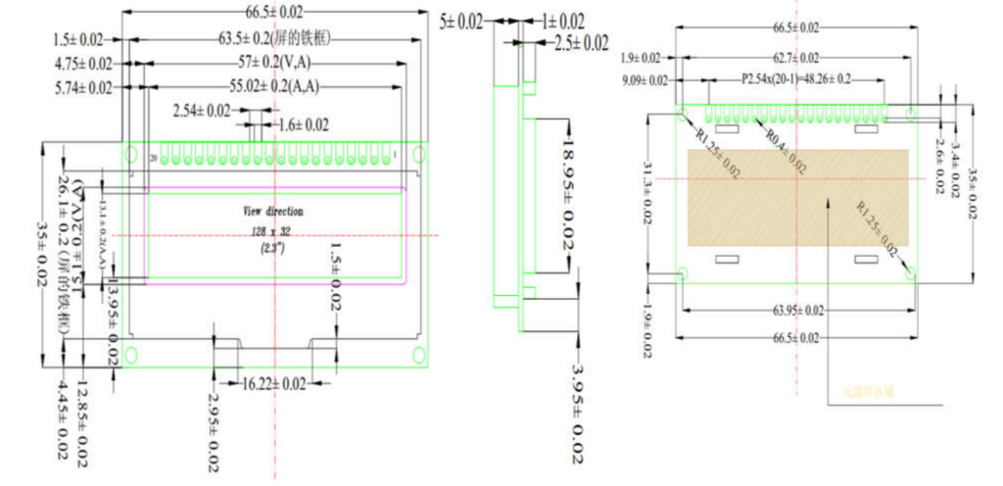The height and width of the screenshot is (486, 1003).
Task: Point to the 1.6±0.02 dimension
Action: (x=304, y=124)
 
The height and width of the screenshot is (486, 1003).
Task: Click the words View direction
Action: (x=273, y=211)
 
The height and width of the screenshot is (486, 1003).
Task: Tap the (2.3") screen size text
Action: (x=272, y=248)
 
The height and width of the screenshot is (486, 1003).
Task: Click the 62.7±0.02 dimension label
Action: (x=795, y=58)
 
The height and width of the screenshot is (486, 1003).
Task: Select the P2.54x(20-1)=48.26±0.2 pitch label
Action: (x=795, y=78)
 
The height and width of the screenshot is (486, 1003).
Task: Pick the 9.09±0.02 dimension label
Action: (x=645, y=79)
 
